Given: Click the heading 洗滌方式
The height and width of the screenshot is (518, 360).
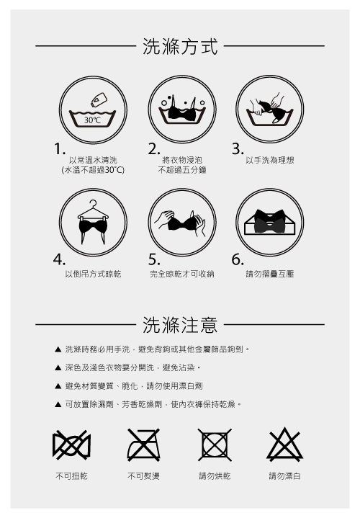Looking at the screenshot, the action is pyautogui.click(x=180, y=46).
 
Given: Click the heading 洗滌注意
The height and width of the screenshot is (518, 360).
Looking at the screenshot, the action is pyautogui.click(x=180, y=324).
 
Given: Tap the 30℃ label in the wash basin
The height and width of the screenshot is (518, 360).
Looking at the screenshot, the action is pyautogui.click(x=92, y=120).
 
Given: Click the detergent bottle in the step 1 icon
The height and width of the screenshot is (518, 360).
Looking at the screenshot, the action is pyautogui.click(x=99, y=99).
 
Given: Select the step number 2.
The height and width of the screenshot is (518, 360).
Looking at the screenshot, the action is pyautogui.click(x=153, y=149).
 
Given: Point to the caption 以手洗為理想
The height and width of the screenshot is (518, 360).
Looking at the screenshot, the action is pyautogui.click(x=270, y=160).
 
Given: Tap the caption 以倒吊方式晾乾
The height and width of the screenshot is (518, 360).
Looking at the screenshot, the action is pyautogui.click(x=93, y=274).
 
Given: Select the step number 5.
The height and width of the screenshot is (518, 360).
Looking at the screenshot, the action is pyautogui.click(x=153, y=259).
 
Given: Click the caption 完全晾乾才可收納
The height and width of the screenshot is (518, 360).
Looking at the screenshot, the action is pyautogui.click(x=182, y=274).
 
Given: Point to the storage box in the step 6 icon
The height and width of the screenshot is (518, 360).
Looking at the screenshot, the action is pyautogui.click(x=270, y=223).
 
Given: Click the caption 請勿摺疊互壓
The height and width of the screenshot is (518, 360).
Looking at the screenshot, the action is pyautogui.click(x=270, y=274).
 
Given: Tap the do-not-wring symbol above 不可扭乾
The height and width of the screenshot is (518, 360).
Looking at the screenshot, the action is pyautogui.click(x=71, y=445).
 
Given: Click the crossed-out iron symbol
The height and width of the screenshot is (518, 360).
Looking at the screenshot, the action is pyautogui.click(x=144, y=445).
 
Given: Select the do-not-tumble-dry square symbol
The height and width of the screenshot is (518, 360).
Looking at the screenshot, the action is pyautogui.click(x=215, y=445).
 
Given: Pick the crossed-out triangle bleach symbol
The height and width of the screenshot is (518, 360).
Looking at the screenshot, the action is pyautogui.click(x=284, y=444).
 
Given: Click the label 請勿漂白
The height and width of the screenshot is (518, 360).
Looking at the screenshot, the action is pyautogui.click(x=284, y=476).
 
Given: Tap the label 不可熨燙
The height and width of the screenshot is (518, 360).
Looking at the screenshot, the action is pyautogui.click(x=144, y=476).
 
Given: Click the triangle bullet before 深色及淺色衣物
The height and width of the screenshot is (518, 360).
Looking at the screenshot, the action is pyautogui.click(x=58, y=367).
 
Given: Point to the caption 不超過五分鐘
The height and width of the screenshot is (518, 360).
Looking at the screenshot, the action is pyautogui.click(x=182, y=170).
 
